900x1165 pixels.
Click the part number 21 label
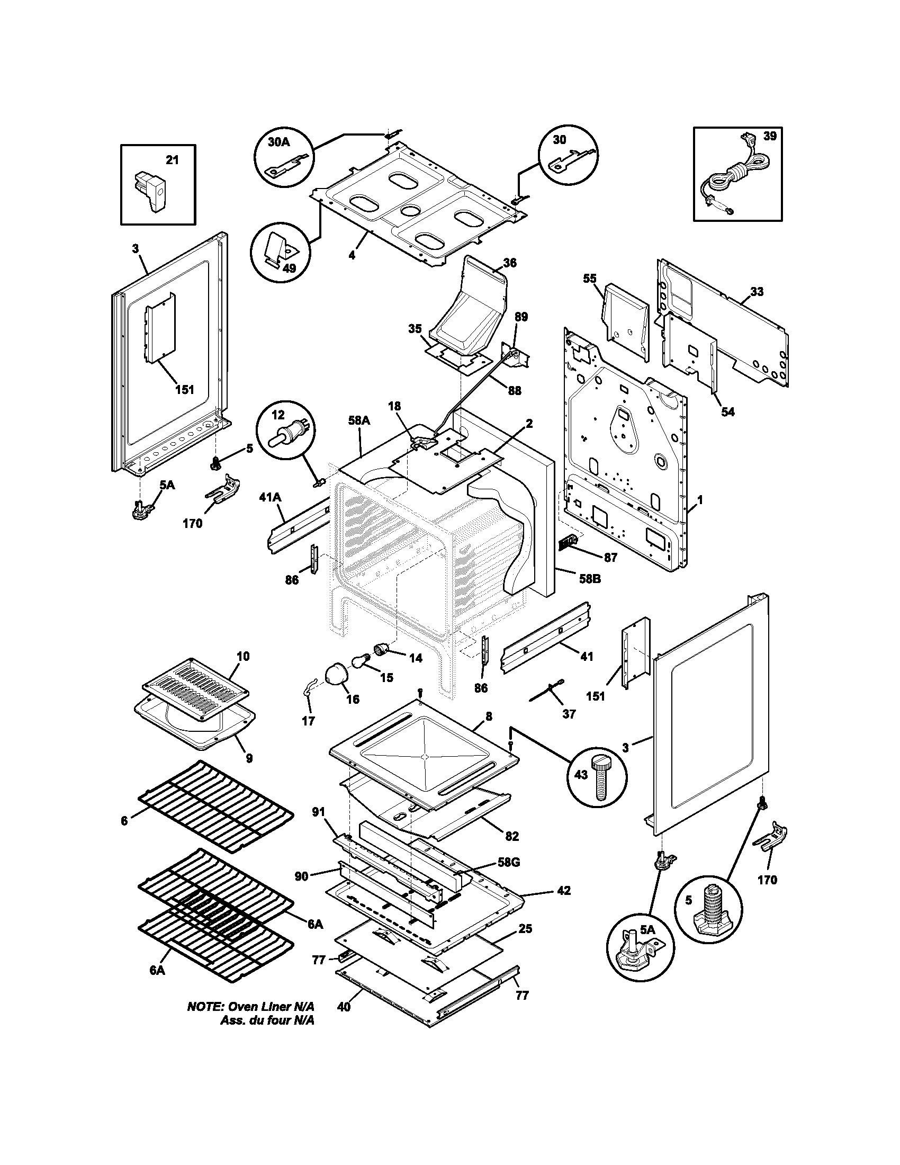coord(172,159)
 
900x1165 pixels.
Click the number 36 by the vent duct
coord(509,263)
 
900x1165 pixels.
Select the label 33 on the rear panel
coord(757,291)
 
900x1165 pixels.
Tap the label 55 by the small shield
coord(589,279)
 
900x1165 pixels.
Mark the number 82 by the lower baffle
coord(511,836)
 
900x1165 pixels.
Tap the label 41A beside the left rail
coord(270,498)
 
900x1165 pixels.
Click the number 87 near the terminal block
coord(610,558)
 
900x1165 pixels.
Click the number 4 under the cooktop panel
coord(352,255)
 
